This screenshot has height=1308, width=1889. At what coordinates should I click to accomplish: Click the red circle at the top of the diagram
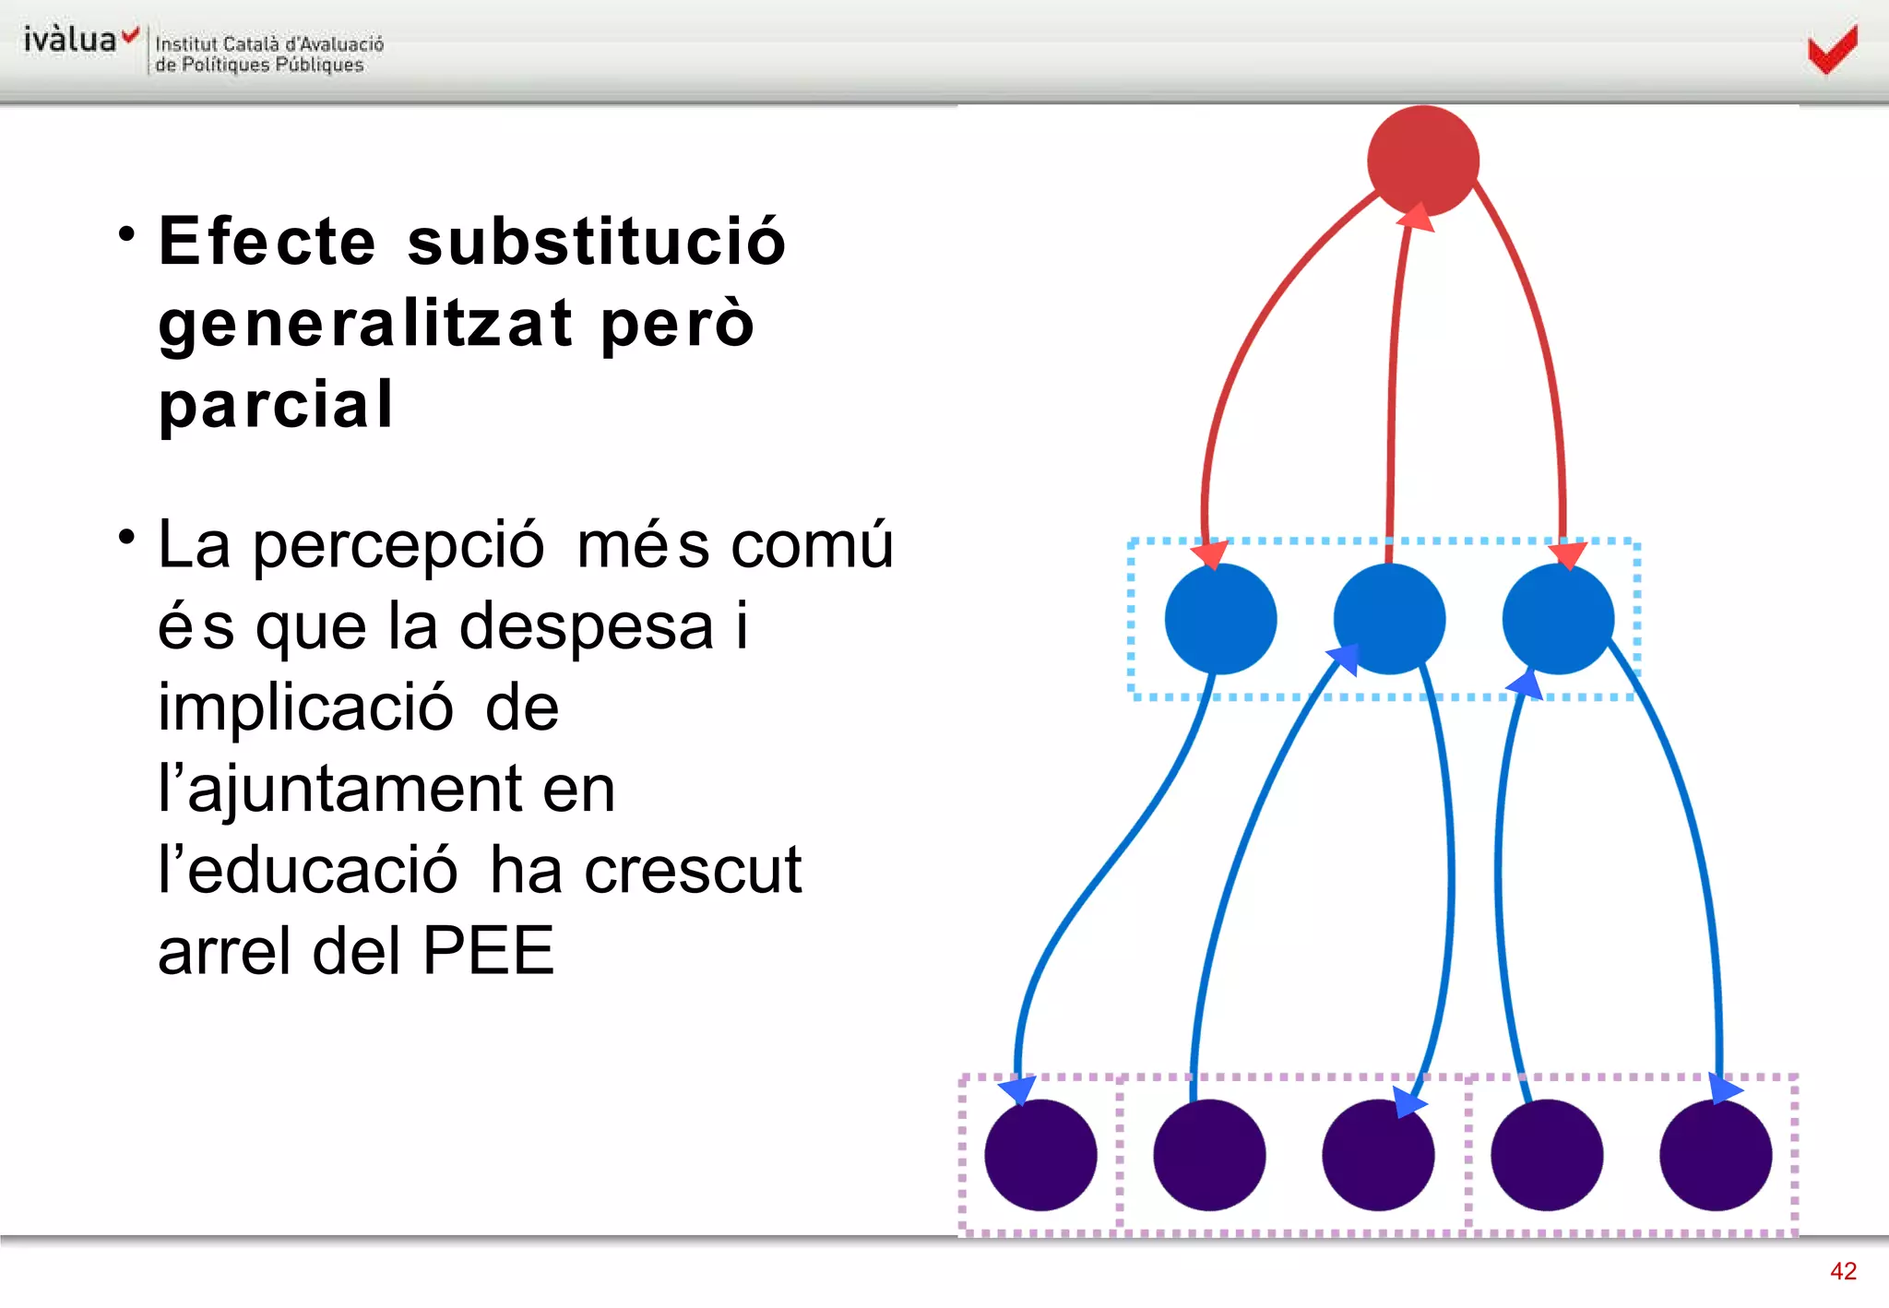click(1423, 161)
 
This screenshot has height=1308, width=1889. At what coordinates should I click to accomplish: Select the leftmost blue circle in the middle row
click(1220, 619)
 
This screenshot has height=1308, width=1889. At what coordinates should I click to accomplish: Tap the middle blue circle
click(1389, 619)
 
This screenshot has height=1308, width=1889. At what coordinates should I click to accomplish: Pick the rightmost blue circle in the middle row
click(1558, 619)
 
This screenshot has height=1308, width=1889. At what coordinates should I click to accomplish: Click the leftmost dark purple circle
click(1040, 1155)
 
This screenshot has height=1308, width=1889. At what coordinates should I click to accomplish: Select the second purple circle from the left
click(1209, 1155)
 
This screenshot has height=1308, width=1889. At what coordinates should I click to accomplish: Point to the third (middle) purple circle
click(1378, 1155)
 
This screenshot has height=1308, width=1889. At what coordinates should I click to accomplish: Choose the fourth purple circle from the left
click(1547, 1155)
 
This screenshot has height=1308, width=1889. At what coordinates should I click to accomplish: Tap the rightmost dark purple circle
click(1716, 1155)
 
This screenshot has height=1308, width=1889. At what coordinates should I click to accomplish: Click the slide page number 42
click(1843, 1271)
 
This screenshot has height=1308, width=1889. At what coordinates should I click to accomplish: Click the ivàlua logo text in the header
click(70, 40)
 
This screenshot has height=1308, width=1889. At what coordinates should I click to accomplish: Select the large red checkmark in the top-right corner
click(1832, 50)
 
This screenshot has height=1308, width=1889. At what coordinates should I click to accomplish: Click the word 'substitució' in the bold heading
click(597, 242)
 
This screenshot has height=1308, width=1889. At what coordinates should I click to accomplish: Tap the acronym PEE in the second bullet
click(488, 950)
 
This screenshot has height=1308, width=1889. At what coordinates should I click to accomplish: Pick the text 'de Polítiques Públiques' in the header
click(259, 65)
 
